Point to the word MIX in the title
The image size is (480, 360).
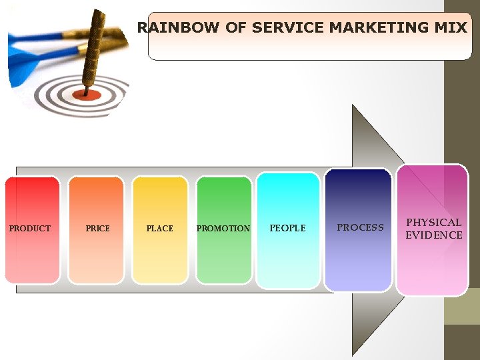click(450, 28)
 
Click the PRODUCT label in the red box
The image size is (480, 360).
click(30, 229)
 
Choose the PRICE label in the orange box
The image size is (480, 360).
click(98, 229)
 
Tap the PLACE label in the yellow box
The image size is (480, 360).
click(160, 229)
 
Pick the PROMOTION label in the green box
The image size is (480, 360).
click(223, 229)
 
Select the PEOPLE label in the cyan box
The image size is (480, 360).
click(287, 228)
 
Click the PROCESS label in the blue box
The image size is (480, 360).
click(360, 227)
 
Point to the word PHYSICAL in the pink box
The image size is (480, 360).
click(434, 223)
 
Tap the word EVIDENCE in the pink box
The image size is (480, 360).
click(434, 235)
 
